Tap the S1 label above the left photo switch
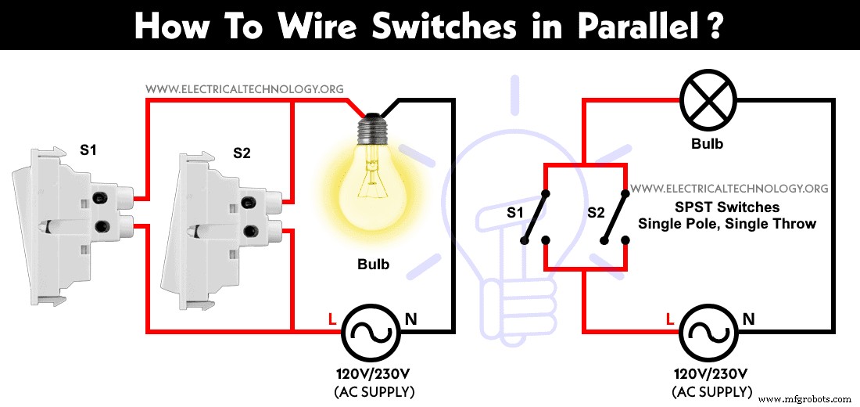click(88, 149)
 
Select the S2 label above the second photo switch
click(242, 153)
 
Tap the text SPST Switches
click(727, 207)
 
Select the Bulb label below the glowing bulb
click(373, 265)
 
